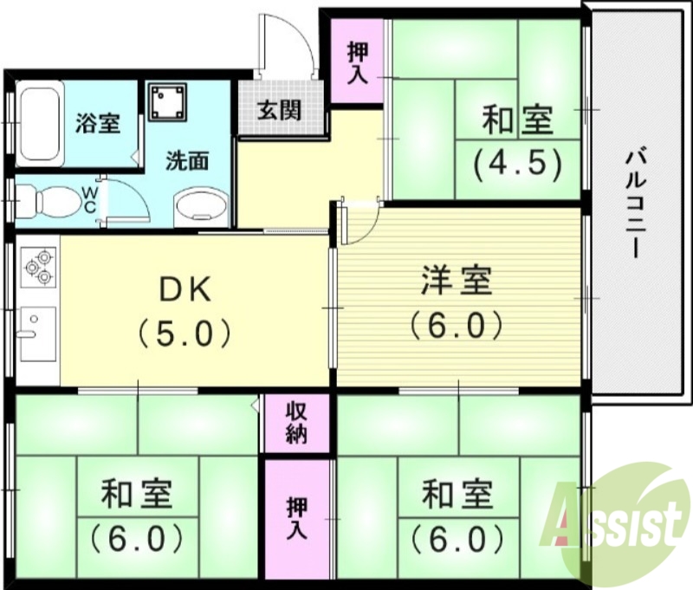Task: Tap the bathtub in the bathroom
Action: tap(40, 122)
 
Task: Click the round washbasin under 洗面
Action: tap(202, 207)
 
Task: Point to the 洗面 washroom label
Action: tap(188, 161)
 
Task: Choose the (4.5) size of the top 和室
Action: tap(517, 162)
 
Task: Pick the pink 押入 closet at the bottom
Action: tap(297, 519)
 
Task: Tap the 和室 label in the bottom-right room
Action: tap(457, 496)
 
